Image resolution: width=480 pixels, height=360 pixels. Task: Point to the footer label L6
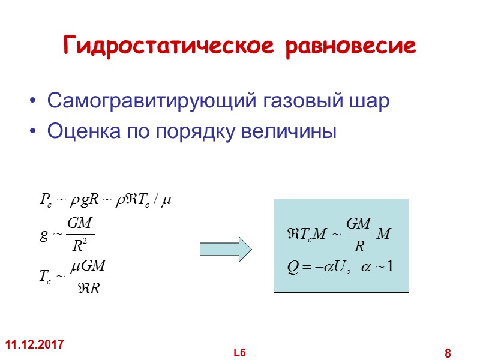(x=240, y=353)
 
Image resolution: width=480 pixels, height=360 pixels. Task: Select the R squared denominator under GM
(x=79, y=245)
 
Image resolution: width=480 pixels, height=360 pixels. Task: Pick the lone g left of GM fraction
(x=43, y=235)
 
